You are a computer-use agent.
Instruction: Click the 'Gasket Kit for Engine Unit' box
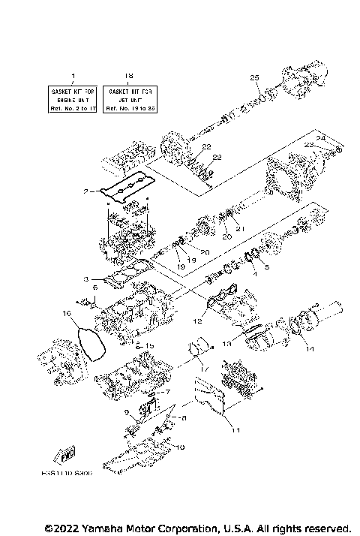click(73, 98)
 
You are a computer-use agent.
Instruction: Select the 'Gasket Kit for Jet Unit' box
click(129, 98)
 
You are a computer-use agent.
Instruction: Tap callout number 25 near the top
click(253, 77)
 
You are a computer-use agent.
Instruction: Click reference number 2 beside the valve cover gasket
click(88, 191)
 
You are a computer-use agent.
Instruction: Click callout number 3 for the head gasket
click(88, 279)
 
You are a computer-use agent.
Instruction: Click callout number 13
click(227, 342)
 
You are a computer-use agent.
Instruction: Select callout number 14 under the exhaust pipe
click(304, 349)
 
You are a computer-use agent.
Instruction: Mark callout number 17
click(202, 369)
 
